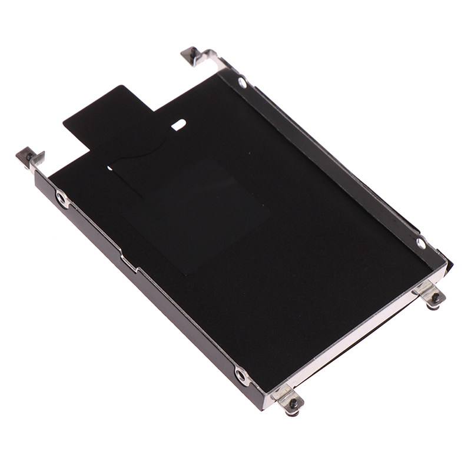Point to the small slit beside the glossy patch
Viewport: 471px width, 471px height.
tap(110, 168)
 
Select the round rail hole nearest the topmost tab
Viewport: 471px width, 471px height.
tap(242, 82)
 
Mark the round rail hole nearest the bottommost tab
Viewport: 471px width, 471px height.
tap(241, 374)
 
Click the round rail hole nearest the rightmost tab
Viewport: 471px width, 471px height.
tap(420, 243)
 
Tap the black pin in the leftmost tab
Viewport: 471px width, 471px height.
tap(26, 157)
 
